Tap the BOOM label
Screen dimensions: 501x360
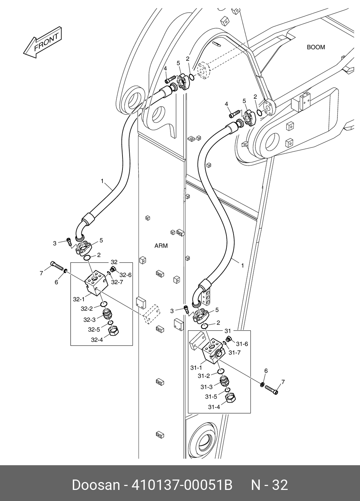click(x=316, y=47)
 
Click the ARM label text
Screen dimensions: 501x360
click(x=161, y=246)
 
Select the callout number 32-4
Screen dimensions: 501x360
click(x=97, y=340)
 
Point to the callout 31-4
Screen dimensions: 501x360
click(x=214, y=407)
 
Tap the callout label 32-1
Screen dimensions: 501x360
click(x=79, y=299)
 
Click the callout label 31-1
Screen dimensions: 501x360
click(x=196, y=367)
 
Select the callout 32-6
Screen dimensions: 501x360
click(x=125, y=275)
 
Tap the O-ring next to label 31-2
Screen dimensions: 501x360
click(x=221, y=371)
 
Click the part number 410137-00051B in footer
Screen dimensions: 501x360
click(x=182, y=485)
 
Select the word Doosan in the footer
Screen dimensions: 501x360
click(x=96, y=485)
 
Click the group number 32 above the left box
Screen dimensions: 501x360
click(x=114, y=262)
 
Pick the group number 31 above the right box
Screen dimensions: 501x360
click(x=228, y=330)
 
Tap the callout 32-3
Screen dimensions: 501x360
click(x=90, y=320)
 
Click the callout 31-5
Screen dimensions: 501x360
click(x=211, y=397)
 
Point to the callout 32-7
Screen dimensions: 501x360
click(x=117, y=282)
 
